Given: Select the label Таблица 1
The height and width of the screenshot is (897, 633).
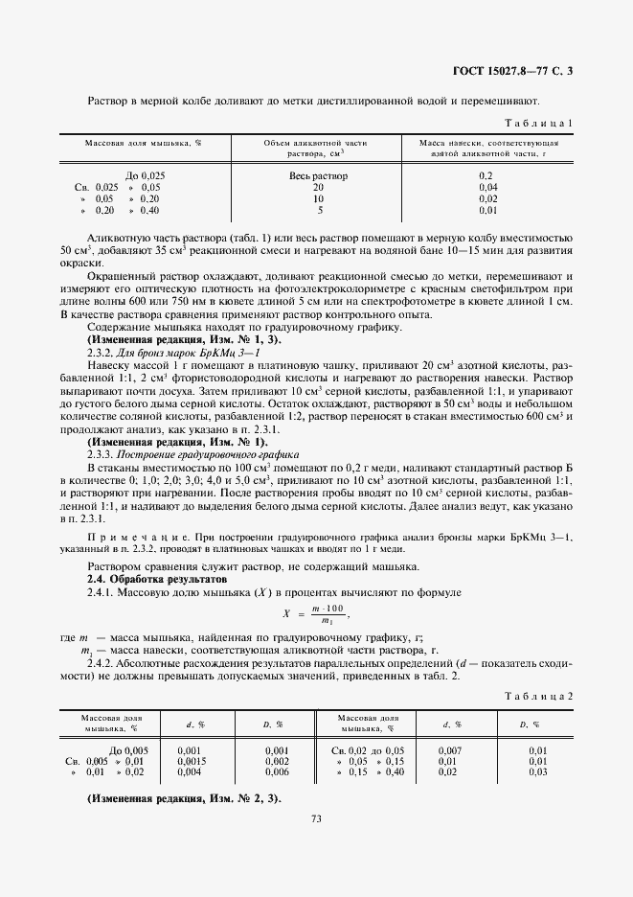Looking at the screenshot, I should (544, 123).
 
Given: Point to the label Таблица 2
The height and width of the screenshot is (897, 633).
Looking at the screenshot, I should (544, 696).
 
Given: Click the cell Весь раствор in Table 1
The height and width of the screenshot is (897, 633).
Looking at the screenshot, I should (318, 176).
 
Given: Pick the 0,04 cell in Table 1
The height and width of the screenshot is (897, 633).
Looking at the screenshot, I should (487, 188).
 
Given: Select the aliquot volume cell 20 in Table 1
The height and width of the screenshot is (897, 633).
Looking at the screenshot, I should (319, 188).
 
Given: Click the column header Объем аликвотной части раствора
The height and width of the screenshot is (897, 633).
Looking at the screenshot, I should (319, 148).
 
